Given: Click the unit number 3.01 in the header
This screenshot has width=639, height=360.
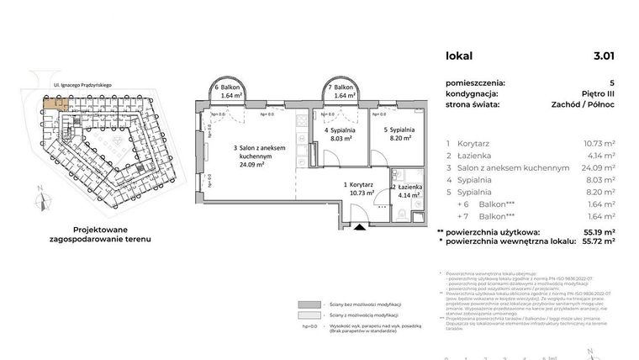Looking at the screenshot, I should [x=603, y=56].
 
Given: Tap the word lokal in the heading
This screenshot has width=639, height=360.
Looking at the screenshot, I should [x=459, y=56].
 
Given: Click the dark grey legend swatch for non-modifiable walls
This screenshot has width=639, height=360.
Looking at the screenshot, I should [x=310, y=304].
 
